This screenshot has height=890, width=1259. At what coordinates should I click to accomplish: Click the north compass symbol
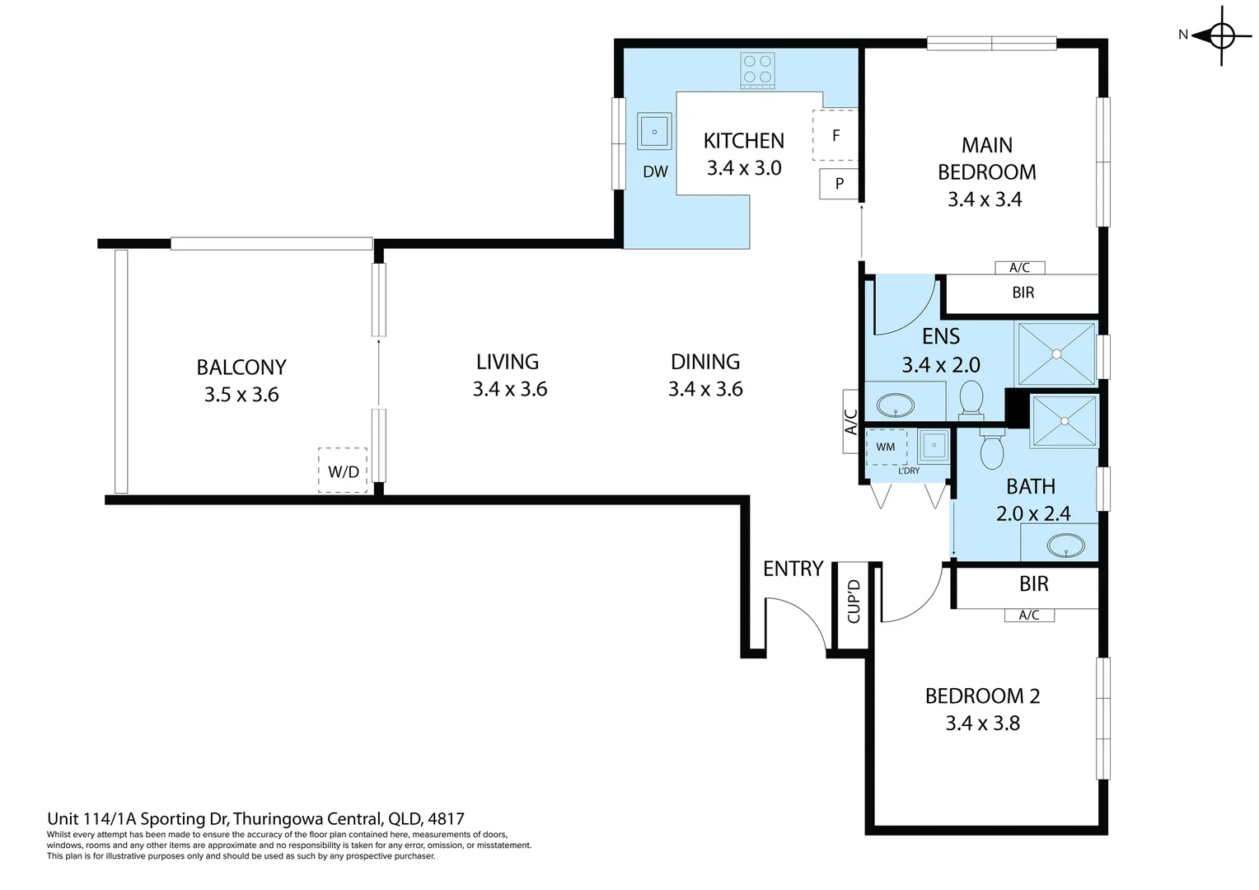pos(1221,35)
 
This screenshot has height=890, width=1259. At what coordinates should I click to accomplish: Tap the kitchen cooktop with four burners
pos(756,69)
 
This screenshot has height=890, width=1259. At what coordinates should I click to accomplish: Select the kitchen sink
pos(654,131)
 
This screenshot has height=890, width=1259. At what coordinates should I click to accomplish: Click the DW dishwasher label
pos(655,172)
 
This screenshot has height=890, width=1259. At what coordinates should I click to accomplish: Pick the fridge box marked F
pos(835,135)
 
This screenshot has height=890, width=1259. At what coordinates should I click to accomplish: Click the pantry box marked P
pos(839,184)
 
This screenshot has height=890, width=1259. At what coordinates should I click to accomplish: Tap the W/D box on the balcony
pos(343,471)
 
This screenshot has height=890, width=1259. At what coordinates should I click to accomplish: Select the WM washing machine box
pos(886,447)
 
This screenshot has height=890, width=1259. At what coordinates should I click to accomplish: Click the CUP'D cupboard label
pos(854,601)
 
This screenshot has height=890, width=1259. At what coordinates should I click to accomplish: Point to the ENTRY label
pos(793,569)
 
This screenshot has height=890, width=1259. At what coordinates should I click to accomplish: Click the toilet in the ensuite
pos(971,399)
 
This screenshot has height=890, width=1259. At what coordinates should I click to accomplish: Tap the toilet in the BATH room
pos(991,449)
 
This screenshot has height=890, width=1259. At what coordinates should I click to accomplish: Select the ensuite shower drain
pos(1056,354)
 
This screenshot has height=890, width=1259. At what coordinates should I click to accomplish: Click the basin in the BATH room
pos(1065,545)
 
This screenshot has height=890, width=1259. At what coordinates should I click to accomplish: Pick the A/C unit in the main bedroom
pos(1019,267)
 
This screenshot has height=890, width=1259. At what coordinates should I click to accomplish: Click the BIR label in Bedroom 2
pos(1033,584)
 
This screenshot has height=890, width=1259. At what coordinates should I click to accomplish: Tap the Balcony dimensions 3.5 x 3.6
pos(241,395)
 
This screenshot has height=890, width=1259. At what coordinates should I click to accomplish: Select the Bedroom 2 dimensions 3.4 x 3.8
pos(982,724)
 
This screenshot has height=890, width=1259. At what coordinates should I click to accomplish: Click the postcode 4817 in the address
pos(446,819)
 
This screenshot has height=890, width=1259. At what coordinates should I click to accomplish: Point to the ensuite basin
pos(894,405)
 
